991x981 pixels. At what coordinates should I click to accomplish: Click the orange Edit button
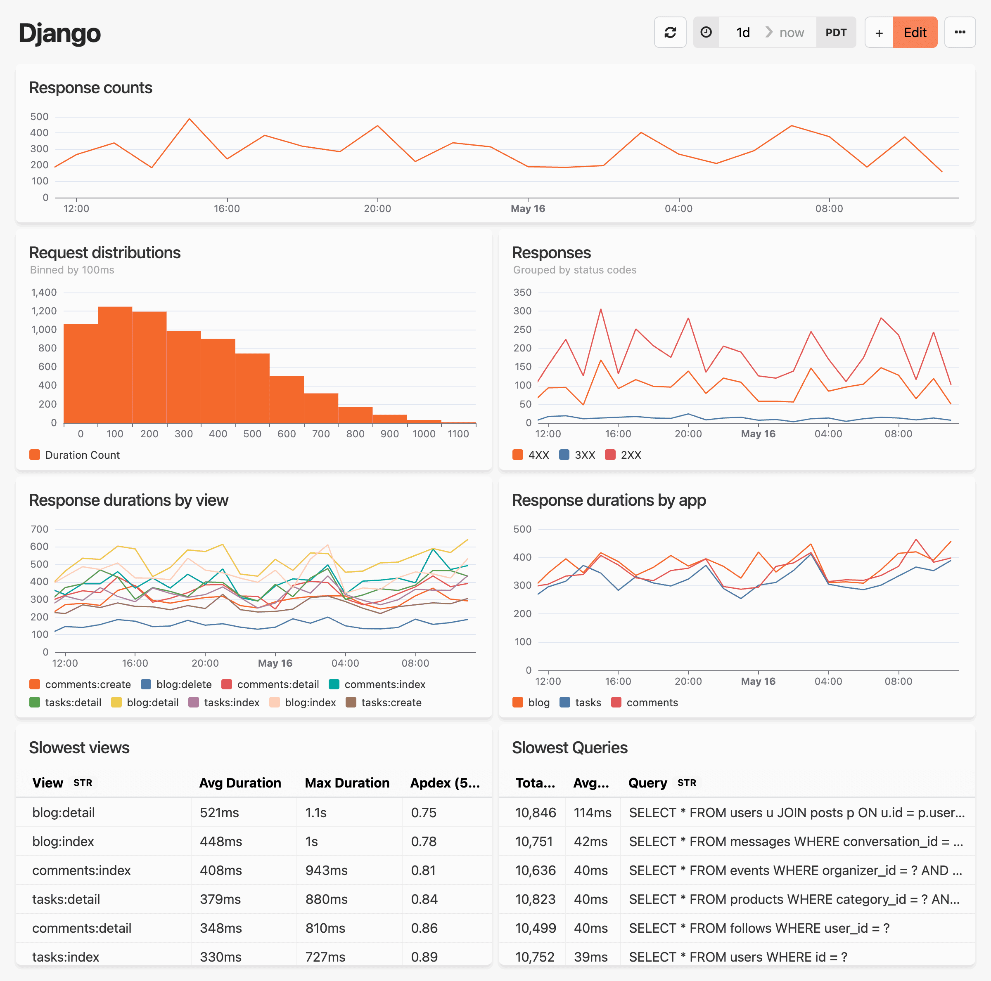coord(915,32)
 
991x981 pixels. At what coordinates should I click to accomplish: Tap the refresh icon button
coord(670,32)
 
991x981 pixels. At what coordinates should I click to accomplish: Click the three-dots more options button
coord(959,32)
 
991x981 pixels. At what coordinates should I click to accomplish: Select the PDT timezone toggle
coord(836,32)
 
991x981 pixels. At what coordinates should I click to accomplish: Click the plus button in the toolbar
coord(879,32)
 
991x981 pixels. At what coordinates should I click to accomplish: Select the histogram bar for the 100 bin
coord(115,364)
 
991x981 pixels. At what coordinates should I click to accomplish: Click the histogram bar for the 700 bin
coord(321,408)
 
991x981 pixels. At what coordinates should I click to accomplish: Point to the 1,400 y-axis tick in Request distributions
coord(44,292)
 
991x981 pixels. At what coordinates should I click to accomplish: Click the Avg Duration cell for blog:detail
coord(220,812)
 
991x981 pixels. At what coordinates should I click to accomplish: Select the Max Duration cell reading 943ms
coord(326,870)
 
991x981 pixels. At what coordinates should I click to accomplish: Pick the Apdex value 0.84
coord(424,899)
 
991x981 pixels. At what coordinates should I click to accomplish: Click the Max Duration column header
coord(347,783)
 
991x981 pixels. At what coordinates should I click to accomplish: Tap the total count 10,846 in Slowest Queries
coord(535,812)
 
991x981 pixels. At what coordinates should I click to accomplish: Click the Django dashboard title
coord(59,33)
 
